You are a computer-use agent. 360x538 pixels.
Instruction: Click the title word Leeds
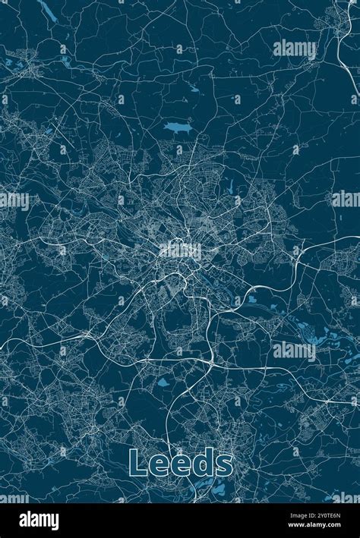181,463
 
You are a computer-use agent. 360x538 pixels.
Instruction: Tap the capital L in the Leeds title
137,463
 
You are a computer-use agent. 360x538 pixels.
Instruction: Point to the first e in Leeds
157,465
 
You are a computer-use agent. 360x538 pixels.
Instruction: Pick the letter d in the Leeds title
203,463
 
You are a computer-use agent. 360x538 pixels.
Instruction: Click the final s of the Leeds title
225,465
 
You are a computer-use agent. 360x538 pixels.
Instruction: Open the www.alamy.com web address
315,527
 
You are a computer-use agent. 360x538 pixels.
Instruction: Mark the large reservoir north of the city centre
175,127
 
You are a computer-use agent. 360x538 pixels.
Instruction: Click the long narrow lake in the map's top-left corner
48,11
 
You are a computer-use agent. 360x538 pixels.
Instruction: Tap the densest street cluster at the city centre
178,250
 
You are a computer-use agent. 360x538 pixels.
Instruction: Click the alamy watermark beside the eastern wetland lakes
295,350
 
